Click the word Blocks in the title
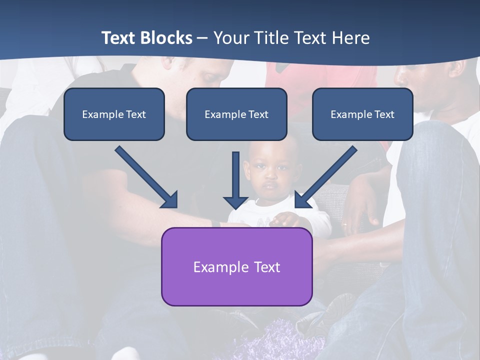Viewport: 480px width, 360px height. click(167, 38)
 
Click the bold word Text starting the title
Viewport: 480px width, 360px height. click(120, 38)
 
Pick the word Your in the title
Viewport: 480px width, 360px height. click(231, 38)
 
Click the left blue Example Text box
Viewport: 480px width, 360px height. click(114, 114)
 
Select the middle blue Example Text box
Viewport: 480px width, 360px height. click(236, 114)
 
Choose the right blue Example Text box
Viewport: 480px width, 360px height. click(362, 114)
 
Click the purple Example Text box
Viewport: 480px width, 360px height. click(236, 266)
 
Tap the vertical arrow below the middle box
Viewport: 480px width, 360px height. click(235, 180)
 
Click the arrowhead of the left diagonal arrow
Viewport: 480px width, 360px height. click(169, 200)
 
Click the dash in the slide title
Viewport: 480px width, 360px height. click(202, 38)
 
